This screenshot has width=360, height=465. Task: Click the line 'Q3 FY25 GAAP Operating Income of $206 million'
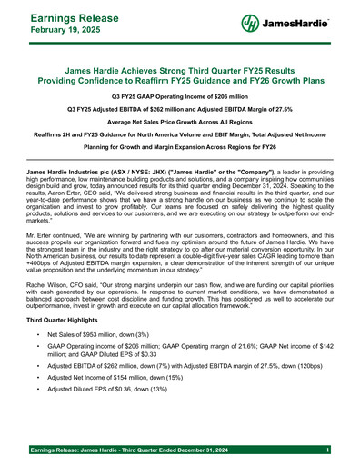tap(179, 95)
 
